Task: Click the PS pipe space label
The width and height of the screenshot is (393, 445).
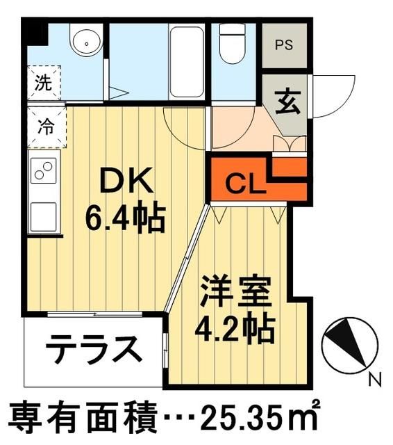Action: pos(283,46)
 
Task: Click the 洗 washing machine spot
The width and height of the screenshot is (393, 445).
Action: pos(44,84)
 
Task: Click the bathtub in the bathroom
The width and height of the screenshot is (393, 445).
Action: pos(186,61)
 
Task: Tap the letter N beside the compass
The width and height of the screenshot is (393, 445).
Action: pos(376,379)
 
